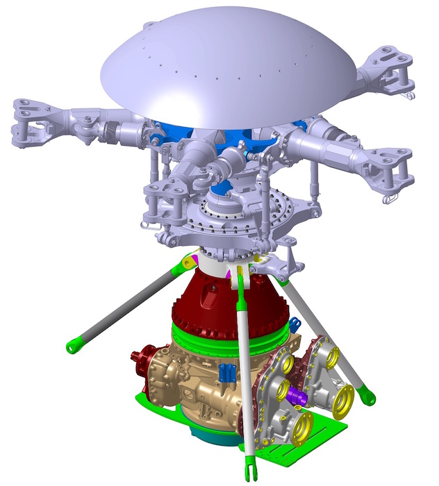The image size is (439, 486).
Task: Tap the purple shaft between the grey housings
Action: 301,398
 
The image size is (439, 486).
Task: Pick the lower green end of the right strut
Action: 367,398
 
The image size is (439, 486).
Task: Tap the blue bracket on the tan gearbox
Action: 224,373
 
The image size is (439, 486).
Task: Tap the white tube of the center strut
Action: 245,368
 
